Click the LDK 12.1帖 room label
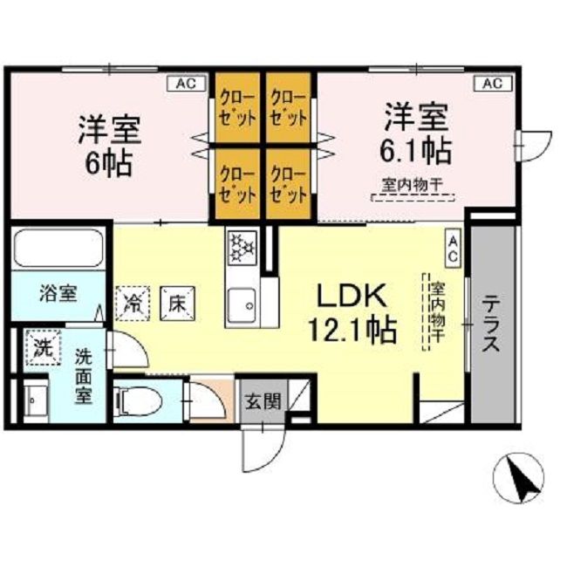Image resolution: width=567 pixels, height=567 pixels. [x=352, y=313]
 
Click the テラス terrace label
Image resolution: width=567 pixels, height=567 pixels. [x=491, y=322]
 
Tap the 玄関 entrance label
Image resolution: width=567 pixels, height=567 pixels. [x=262, y=402]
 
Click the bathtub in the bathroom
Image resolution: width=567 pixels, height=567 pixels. [x=59, y=249]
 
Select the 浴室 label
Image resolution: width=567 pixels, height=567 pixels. [x=58, y=293]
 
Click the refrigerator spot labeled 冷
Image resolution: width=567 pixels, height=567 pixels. [x=133, y=304]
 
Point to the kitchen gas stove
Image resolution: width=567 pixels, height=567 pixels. [x=240, y=247]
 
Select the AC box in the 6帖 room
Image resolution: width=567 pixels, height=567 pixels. [x=185, y=84]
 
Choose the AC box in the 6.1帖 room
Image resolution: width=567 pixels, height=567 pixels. [x=491, y=84]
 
